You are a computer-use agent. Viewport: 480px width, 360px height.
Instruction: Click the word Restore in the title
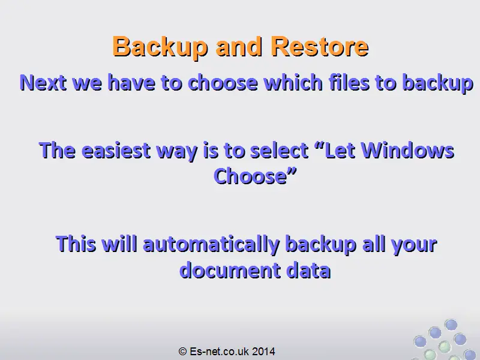click(x=320, y=46)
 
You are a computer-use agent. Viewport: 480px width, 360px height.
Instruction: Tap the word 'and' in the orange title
click(x=239, y=46)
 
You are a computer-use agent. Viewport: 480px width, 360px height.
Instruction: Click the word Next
click(x=43, y=82)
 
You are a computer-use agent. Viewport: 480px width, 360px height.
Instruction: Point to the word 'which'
click(x=293, y=82)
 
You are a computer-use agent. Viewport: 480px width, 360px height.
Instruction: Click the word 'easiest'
click(x=116, y=151)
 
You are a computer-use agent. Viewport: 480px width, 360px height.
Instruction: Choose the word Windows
click(x=407, y=151)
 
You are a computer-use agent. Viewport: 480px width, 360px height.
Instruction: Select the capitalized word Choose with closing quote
click(x=255, y=176)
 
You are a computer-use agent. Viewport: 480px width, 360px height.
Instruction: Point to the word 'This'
click(x=76, y=244)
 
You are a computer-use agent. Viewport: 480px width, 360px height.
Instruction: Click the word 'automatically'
click(x=211, y=245)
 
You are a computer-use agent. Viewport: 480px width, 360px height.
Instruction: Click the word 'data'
click(x=308, y=271)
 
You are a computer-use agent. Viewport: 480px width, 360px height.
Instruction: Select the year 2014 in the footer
click(x=263, y=352)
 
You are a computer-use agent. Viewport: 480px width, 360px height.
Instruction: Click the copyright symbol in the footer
click(x=182, y=352)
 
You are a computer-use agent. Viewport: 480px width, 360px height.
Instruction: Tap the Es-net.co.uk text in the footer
click(x=219, y=352)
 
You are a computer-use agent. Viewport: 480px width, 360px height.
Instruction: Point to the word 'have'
click(x=131, y=82)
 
